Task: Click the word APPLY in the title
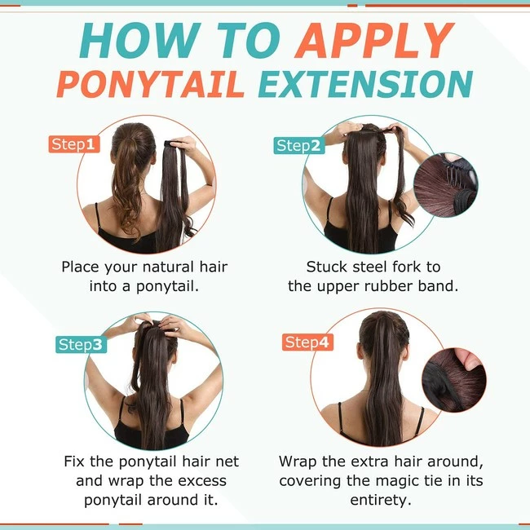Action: pyautogui.click(x=374, y=40)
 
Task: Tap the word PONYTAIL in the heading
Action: pyautogui.click(x=150, y=85)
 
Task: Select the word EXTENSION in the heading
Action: pyautogui.click(x=365, y=85)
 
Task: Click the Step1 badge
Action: pyautogui.click(x=74, y=144)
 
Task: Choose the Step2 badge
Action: pyautogui.click(x=298, y=146)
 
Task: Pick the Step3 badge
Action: pyautogui.click(x=81, y=345)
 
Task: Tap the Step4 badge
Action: pyautogui.click(x=307, y=342)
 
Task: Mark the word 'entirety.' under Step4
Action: pyautogui.click(x=381, y=501)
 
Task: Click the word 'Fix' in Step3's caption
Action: pyautogui.click(x=74, y=462)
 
